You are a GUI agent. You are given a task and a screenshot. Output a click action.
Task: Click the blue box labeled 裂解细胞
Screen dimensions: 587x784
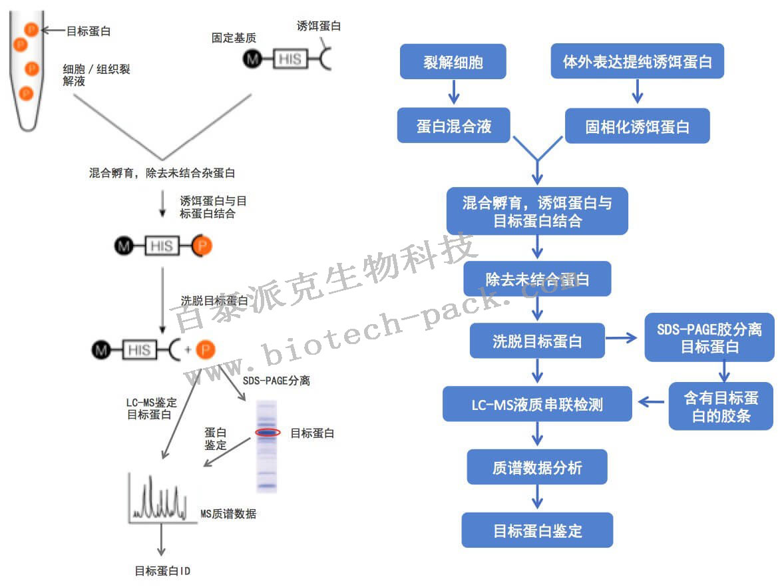(x=453, y=62)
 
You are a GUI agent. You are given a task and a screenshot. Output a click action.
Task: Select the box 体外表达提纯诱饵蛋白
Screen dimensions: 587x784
(x=637, y=62)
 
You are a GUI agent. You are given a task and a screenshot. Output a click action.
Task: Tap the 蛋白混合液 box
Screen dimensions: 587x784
(x=453, y=126)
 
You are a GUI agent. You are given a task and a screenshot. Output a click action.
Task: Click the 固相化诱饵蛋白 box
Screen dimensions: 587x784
(x=637, y=126)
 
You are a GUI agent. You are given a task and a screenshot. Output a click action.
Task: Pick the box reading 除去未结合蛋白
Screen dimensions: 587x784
(x=537, y=279)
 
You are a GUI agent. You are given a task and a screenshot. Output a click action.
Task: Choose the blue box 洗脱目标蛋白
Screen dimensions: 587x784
(x=537, y=341)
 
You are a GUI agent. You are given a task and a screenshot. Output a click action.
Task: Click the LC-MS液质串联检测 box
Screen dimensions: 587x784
(x=537, y=403)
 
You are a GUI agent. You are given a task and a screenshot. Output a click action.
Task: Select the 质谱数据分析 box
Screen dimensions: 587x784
(x=537, y=467)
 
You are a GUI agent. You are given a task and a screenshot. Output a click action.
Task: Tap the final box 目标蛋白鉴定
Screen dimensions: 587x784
(x=537, y=530)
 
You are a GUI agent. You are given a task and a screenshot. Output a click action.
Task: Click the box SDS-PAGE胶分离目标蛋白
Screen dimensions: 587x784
(x=709, y=337)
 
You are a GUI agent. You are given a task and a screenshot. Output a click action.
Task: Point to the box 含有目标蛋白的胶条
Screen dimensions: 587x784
(x=721, y=406)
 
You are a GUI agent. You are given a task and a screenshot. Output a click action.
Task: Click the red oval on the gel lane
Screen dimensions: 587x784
(x=268, y=433)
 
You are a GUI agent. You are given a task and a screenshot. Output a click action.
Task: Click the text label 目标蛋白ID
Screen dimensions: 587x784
(x=163, y=571)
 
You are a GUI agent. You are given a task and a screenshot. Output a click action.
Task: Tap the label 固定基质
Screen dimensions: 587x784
(x=233, y=38)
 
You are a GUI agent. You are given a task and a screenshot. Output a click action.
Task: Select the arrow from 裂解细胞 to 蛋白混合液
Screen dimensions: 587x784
(x=454, y=92)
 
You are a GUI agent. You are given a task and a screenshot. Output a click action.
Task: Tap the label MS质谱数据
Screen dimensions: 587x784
(x=228, y=514)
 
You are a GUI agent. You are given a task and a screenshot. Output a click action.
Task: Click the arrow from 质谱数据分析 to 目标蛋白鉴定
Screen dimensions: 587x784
(x=537, y=497)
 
